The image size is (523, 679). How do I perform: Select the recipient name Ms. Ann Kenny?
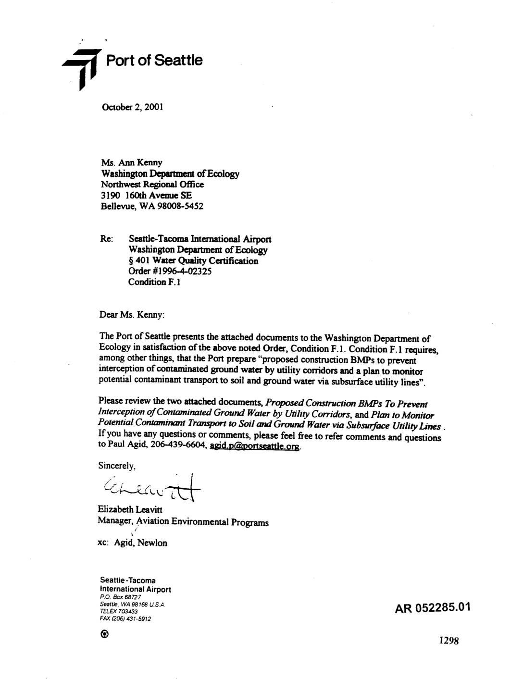coord(132,163)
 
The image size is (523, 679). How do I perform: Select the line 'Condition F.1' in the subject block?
coord(154,282)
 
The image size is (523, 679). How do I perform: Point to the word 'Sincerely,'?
coord(117,466)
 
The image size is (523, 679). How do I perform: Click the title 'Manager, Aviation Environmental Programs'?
coord(183,522)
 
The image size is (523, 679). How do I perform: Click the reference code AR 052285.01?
coord(432,608)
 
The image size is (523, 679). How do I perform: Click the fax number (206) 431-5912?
coord(125,619)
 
